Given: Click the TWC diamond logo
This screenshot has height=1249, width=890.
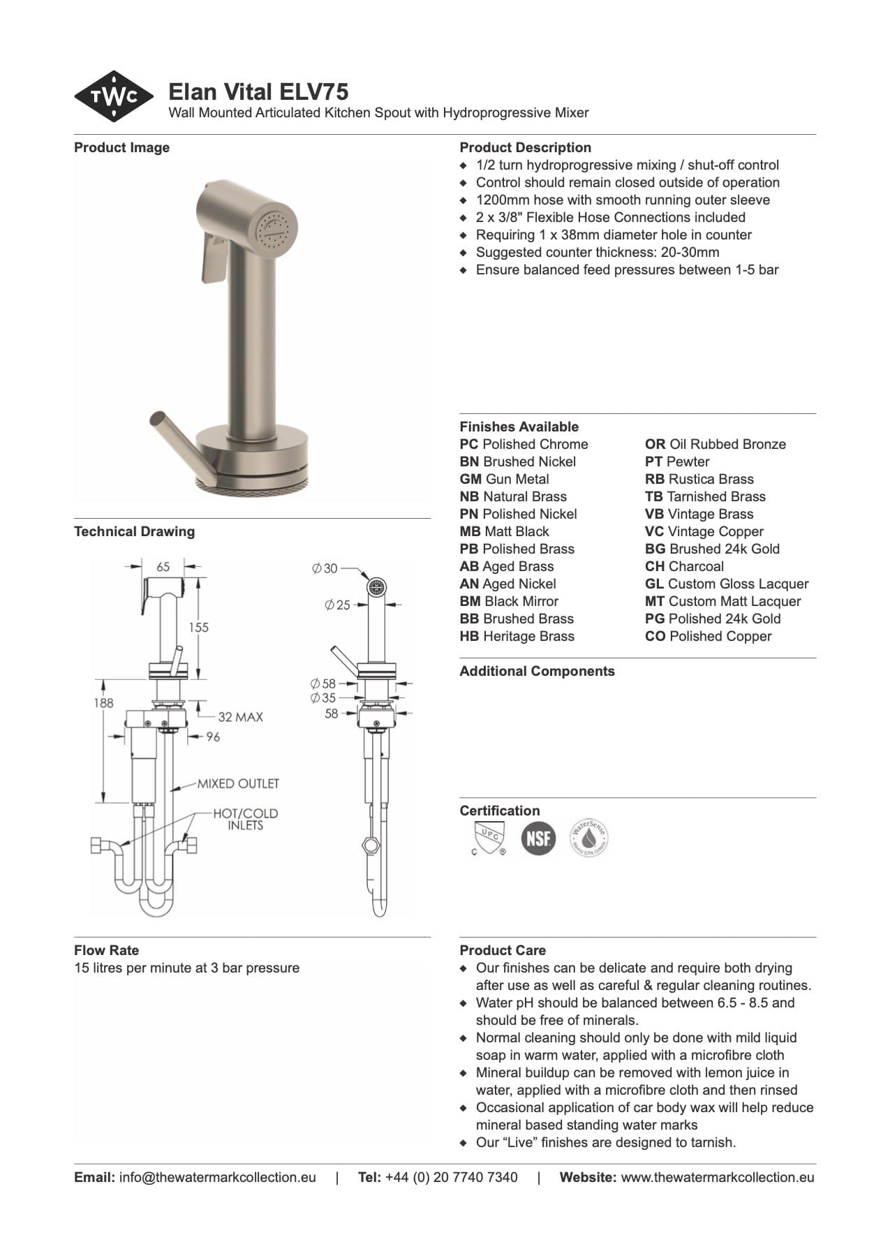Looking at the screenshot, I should pos(114,96).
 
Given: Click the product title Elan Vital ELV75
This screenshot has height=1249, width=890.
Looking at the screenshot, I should pos(258,92).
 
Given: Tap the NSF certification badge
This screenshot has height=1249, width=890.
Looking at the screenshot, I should pos(538,838).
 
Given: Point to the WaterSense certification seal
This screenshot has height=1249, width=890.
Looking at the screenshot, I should pos(589,837).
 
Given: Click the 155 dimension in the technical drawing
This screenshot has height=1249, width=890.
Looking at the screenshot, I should pos(198,627).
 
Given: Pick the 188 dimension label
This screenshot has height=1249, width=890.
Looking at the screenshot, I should pos(103,703).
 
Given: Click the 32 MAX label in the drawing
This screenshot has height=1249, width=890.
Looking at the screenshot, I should pos(240,717).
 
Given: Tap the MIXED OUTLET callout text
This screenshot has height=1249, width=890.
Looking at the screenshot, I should pos(237,783).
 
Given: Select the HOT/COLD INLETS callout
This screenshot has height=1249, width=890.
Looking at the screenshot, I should pos(245,819).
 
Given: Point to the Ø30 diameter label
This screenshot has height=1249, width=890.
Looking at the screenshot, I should pos(325,568).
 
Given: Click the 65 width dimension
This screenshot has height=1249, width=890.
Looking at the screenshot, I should pos(163,567).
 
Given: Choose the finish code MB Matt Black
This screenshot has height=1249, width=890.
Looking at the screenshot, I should pos(504,531).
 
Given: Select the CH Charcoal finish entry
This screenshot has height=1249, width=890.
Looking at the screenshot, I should pos(684,566).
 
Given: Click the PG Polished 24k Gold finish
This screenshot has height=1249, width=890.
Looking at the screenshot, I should pos(713,619).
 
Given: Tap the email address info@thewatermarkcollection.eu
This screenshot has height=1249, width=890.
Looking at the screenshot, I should pos(217,1177).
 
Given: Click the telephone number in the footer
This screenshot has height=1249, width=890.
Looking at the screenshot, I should pos(451,1177).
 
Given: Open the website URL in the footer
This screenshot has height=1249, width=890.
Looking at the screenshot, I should pos(717,1177).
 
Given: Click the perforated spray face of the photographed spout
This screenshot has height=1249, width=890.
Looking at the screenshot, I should pos(276,228).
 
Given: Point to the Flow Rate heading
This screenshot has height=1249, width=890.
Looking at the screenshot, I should pos(106,950).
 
